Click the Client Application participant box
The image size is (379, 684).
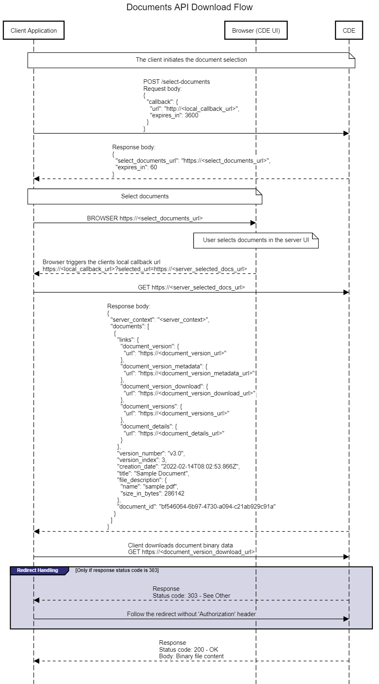click(33, 30)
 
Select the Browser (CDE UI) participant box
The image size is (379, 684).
click(256, 30)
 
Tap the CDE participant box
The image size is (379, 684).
click(349, 30)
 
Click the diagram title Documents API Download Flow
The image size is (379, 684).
click(189, 7)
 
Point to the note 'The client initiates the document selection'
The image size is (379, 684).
click(191, 60)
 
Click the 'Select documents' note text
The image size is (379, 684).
click(145, 196)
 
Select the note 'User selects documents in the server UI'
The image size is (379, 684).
click(256, 240)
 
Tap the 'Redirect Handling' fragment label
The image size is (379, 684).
click(38, 570)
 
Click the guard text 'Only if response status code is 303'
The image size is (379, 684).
click(117, 570)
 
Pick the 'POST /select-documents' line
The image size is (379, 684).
click(176, 82)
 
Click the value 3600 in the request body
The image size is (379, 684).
click(192, 115)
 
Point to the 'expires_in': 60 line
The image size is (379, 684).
click(137, 167)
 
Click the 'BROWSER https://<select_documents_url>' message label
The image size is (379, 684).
click(145, 218)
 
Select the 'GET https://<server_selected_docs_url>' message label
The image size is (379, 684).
click(191, 287)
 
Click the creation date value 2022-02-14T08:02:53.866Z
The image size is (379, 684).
click(200, 466)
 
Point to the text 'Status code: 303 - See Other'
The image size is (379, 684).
click(191, 596)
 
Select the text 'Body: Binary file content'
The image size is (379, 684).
click(191, 656)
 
